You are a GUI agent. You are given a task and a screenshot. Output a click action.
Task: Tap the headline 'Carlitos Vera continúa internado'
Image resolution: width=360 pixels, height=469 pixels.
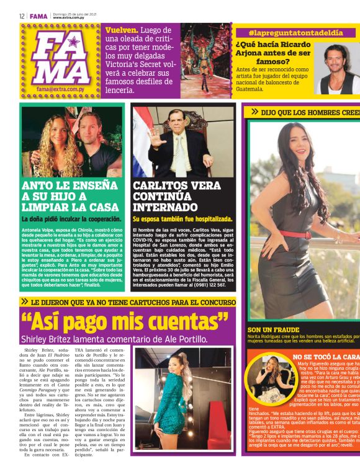pyautogui.click(x=179, y=196)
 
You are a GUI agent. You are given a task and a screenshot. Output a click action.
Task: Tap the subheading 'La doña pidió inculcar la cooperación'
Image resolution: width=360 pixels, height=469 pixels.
pyautogui.click(x=71, y=219)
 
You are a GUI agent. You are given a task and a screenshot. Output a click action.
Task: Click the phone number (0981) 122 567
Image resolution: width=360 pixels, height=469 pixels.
pyautogui.click(x=207, y=285)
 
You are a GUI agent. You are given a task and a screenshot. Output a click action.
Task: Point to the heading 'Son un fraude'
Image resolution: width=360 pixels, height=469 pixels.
pyautogui.click(x=273, y=330)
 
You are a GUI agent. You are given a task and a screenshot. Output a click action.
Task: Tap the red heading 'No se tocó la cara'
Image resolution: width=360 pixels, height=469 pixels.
pyautogui.click(x=325, y=357)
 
